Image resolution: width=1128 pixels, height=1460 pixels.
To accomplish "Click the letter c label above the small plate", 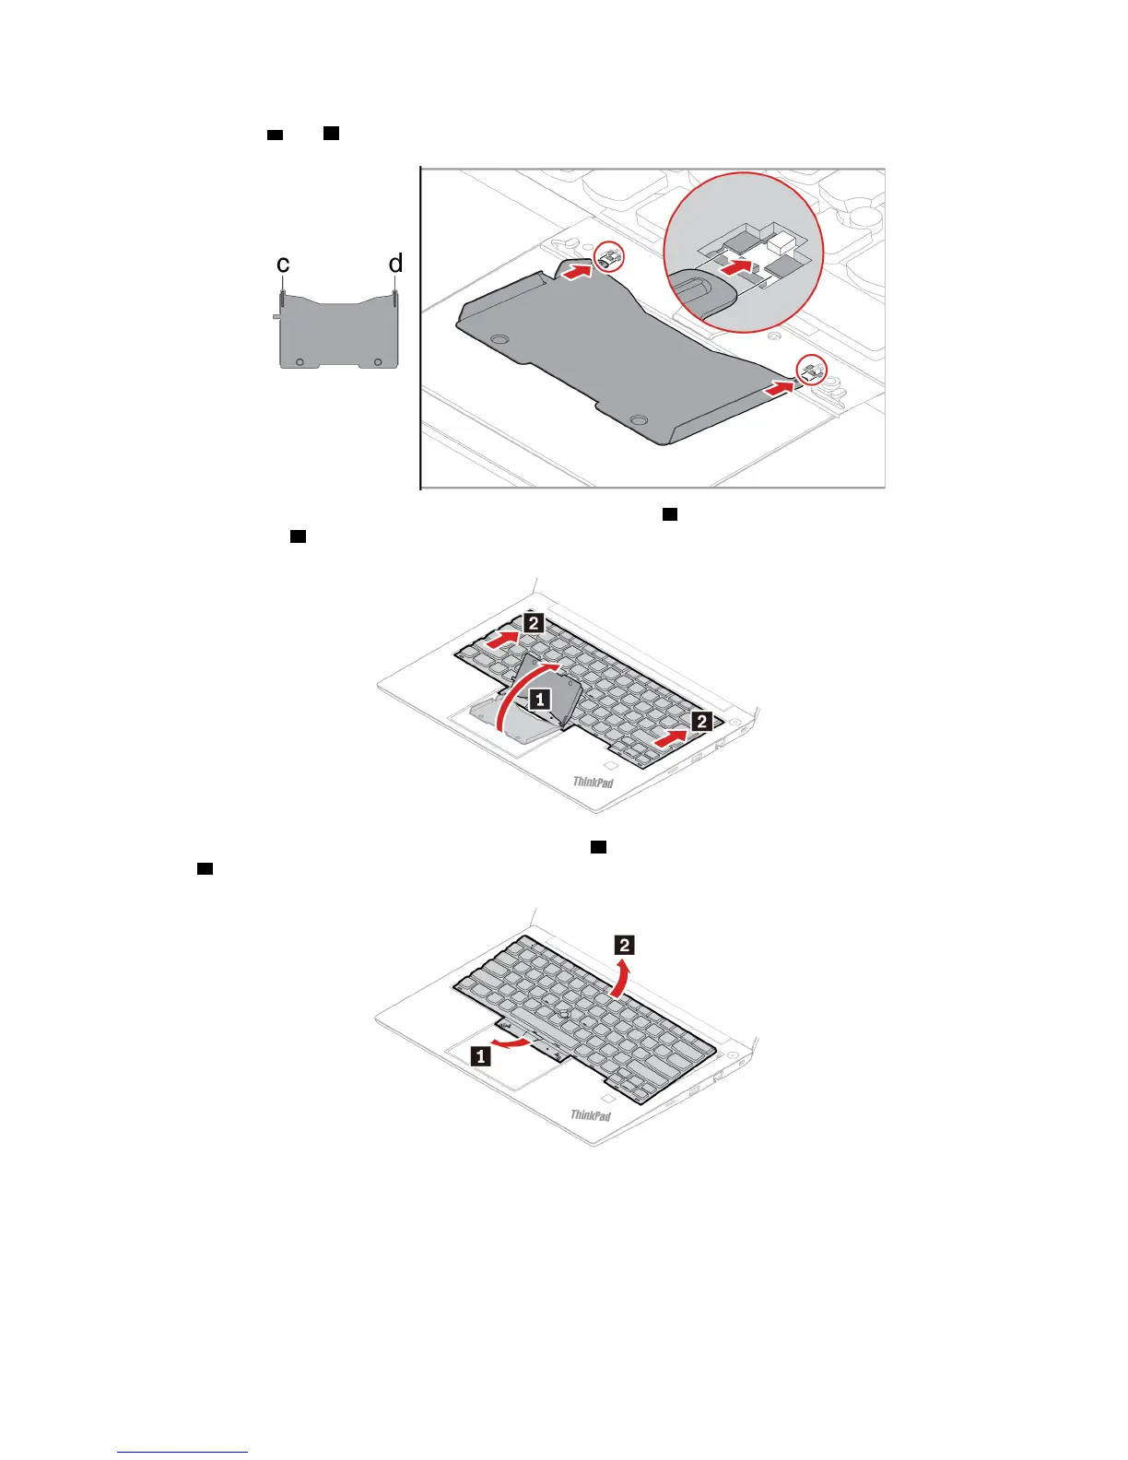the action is tap(283, 265).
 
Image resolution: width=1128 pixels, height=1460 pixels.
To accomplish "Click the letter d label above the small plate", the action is tap(395, 264).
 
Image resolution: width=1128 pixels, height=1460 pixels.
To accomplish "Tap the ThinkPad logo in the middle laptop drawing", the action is tap(593, 783).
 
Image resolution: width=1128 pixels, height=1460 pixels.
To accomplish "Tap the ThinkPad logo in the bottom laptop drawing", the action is tap(591, 1115).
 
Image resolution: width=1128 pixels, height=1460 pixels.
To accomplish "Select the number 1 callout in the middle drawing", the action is tap(541, 699).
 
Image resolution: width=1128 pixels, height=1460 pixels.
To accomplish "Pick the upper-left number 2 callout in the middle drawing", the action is tap(533, 623).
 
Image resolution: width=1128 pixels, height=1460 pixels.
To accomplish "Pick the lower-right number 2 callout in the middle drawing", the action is tap(701, 721).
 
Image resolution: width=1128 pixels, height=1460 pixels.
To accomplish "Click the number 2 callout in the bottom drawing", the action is tap(625, 944).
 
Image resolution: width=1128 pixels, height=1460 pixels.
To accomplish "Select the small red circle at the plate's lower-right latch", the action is tap(810, 371).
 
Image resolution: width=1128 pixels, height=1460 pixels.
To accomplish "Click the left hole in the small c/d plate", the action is tap(300, 361).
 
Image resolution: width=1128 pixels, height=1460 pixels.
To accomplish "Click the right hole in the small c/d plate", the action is tap(378, 361).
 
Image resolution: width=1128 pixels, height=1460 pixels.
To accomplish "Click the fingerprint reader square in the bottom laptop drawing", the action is tap(606, 1100).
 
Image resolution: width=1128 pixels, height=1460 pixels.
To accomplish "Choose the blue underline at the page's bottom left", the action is tap(182, 1452).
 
